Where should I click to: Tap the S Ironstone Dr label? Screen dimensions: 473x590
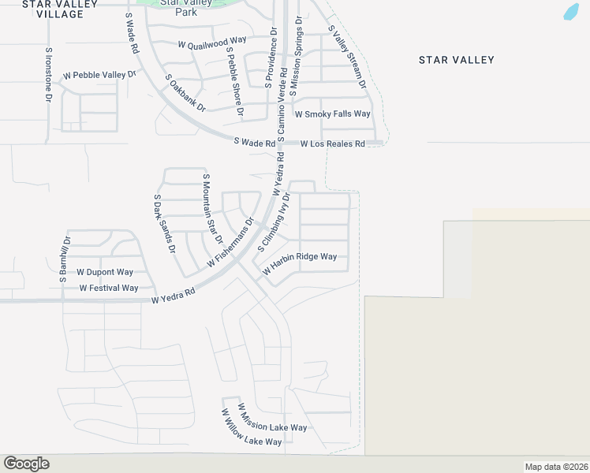(49, 75)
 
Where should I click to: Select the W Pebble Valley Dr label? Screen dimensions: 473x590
(100, 75)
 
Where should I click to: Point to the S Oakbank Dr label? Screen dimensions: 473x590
(185, 92)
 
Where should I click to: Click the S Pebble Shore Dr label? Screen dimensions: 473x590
(234, 81)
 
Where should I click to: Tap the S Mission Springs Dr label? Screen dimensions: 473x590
(296, 57)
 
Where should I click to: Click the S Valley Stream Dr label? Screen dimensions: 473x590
(347, 57)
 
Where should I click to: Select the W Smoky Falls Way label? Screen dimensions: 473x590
(332, 114)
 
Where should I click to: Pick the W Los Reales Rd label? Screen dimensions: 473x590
(333, 143)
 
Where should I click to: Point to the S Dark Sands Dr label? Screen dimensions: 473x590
(164, 224)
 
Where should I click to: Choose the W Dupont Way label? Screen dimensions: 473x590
(105, 271)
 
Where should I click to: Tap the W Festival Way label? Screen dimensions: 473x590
(109, 288)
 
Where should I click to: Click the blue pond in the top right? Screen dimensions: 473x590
(571, 12)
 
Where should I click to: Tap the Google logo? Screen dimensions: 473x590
(26, 464)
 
